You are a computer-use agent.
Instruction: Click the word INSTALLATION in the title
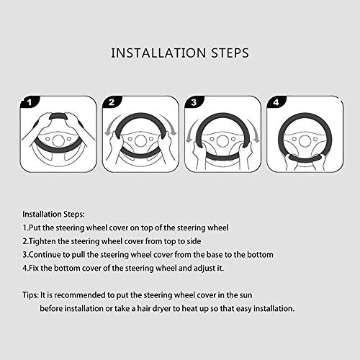click(x=158, y=53)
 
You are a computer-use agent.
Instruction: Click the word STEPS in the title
click(x=230, y=53)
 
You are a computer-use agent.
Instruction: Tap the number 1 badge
click(x=29, y=102)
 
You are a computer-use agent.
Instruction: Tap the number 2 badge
click(x=112, y=102)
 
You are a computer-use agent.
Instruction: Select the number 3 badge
click(x=194, y=102)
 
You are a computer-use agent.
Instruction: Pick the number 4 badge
click(x=276, y=102)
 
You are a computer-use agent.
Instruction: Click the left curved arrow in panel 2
click(x=111, y=127)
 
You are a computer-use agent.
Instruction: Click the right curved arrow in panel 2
click(x=169, y=125)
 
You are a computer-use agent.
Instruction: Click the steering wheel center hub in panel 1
click(x=58, y=140)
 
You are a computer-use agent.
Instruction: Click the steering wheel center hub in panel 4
click(x=305, y=141)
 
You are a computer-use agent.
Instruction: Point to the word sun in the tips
click(x=246, y=295)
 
